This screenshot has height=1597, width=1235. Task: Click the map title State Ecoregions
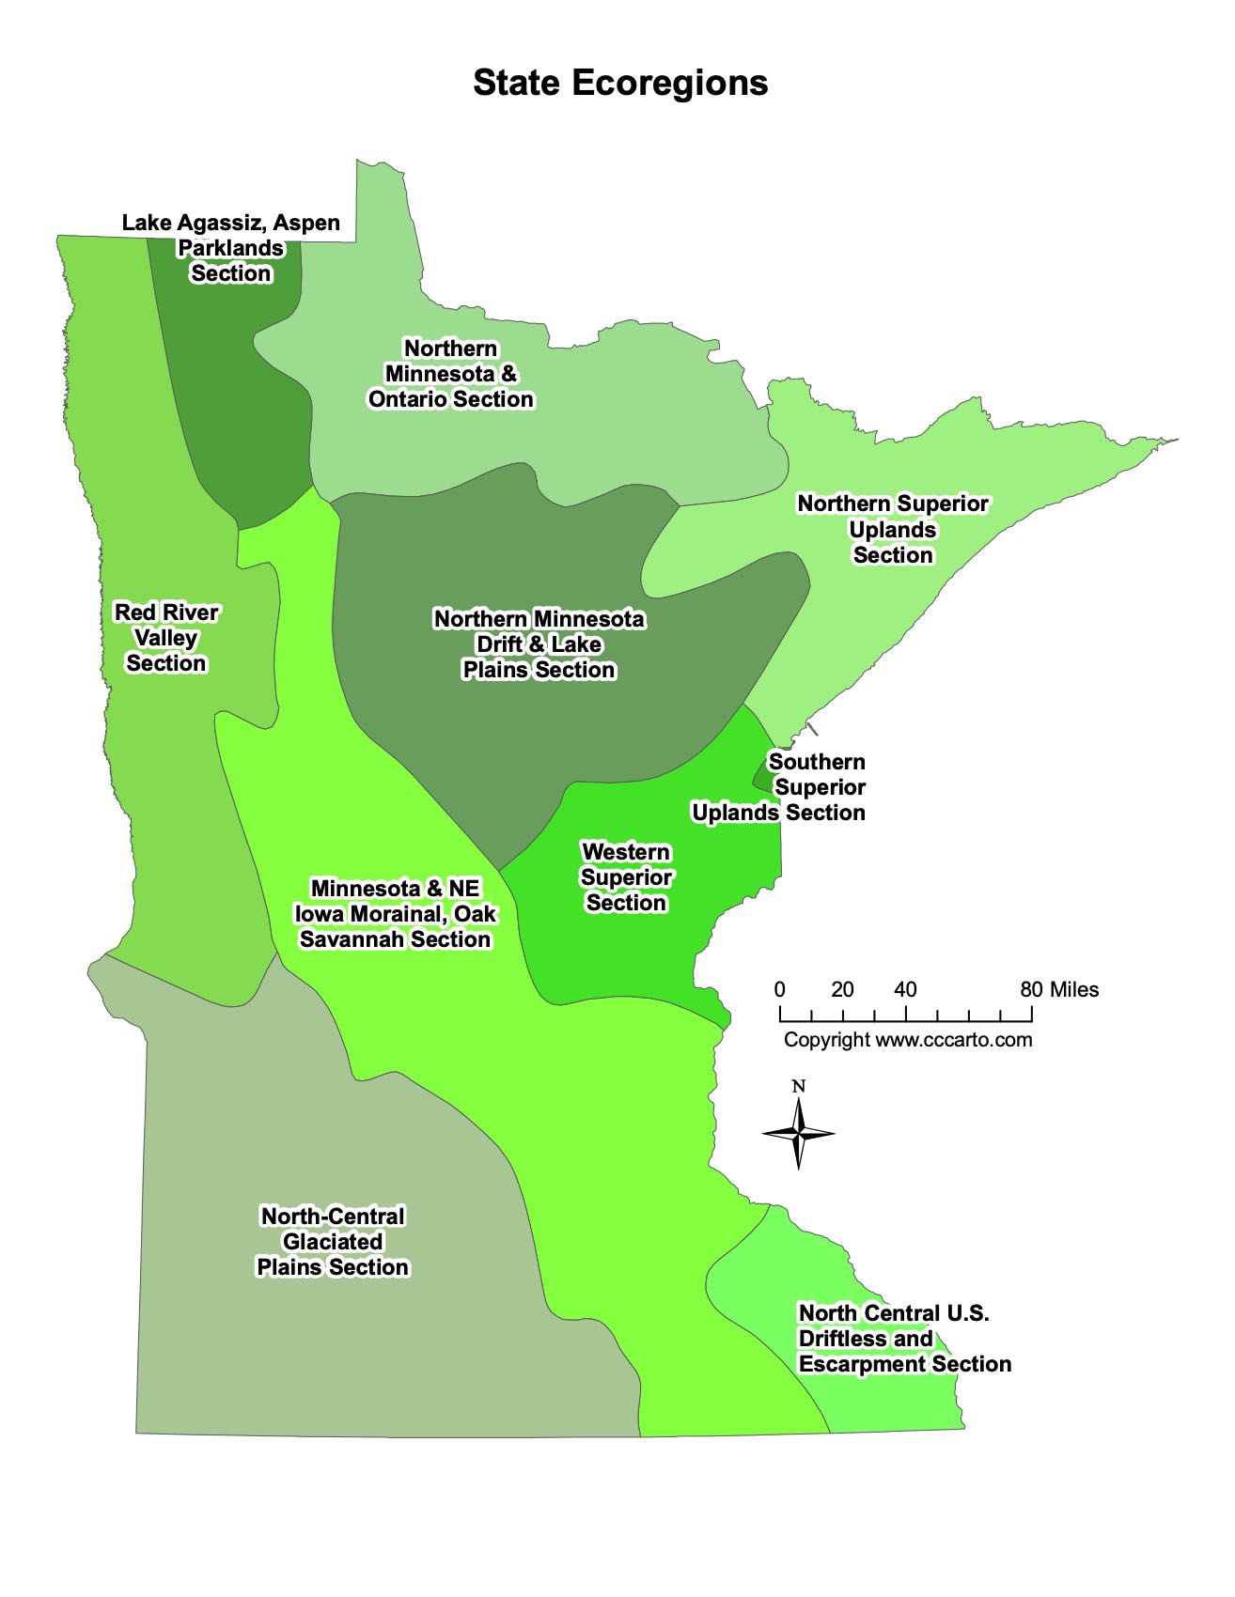pyautogui.click(x=620, y=83)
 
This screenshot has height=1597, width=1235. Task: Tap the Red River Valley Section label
pyautogui.click(x=166, y=638)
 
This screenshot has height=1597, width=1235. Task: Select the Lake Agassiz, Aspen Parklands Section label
pyautogui.click(x=231, y=248)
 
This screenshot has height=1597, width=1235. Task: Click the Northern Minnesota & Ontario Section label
pyautogui.click(x=451, y=374)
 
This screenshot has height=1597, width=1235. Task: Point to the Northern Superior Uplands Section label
pyautogui.click(x=893, y=529)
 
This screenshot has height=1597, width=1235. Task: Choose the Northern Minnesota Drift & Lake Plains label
pyautogui.click(x=539, y=644)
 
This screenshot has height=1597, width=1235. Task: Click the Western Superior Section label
pyautogui.click(x=626, y=877)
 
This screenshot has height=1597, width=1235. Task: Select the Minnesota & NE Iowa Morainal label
pyautogui.click(x=395, y=914)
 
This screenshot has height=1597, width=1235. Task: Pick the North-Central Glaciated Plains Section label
pyautogui.click(x=333, y=1242)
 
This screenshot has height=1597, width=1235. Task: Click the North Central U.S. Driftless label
pyautogui.click(x=904, y=1339)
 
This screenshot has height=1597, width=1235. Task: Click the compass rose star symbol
pyautogui.click(x=798, y=1134)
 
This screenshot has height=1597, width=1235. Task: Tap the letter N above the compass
pyautogui.click(x=798, y=1087)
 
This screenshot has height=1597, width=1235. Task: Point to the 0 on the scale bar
pyautogui.click(x=780, y=989)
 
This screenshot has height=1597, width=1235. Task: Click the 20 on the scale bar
pyautogui.click(x=842, y=989)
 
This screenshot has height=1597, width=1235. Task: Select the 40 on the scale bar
pyautogui.click(x=905, y=989)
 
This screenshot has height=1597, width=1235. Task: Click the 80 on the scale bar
pyautogui.click(x=1031, y=989)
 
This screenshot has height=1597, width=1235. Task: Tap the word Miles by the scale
pyautogui.click(x=1074, y=989)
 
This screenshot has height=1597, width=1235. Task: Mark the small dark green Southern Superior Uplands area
pyautogui.click(x=759, y=776)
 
